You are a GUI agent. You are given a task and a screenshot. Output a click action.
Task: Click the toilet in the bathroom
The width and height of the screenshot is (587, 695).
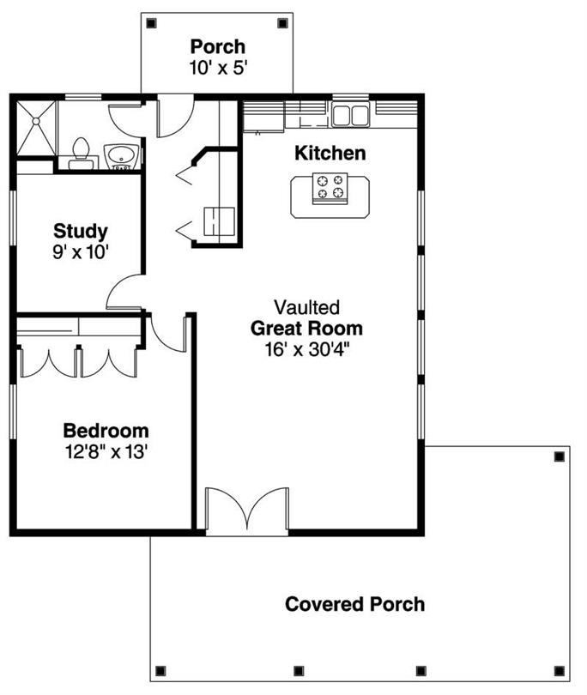click(81, 154)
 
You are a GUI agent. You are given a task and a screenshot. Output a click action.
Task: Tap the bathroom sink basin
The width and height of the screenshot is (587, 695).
click(121, 155)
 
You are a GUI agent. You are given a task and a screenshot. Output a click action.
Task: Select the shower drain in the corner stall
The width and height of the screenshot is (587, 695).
click(36, 121)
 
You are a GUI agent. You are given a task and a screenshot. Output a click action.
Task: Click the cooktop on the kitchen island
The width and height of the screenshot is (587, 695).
click(330, 189)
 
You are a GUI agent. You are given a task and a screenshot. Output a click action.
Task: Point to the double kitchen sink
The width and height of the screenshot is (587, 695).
click(351, 115)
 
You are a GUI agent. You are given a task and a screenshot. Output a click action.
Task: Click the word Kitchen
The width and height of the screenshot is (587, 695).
click(330, 154)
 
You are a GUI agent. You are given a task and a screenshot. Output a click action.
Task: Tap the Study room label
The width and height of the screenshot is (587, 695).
click(81, 231)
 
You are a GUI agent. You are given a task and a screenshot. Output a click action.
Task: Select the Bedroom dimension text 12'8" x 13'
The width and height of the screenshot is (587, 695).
click(106, 452)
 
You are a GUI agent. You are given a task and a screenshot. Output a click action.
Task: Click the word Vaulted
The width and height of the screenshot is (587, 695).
click(306, 307)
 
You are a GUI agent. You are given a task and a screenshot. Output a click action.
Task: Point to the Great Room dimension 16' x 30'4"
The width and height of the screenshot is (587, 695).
click(307, 350)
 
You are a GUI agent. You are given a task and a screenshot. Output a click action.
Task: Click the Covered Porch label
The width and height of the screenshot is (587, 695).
click(354, 604)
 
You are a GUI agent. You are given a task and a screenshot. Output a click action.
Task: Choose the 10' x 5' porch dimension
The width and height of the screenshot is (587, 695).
click(218, 68)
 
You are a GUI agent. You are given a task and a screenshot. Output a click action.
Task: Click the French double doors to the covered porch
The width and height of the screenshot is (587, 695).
click(247, 510)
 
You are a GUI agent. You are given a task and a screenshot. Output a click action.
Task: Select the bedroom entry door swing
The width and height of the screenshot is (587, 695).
click(168, 332)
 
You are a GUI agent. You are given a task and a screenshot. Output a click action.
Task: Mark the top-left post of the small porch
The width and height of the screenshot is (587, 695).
click(152, 23)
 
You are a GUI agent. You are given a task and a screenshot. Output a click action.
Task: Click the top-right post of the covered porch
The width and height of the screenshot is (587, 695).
click(559, 456)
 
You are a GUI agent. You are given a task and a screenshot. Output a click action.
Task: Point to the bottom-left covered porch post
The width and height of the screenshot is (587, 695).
click(160, 671)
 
